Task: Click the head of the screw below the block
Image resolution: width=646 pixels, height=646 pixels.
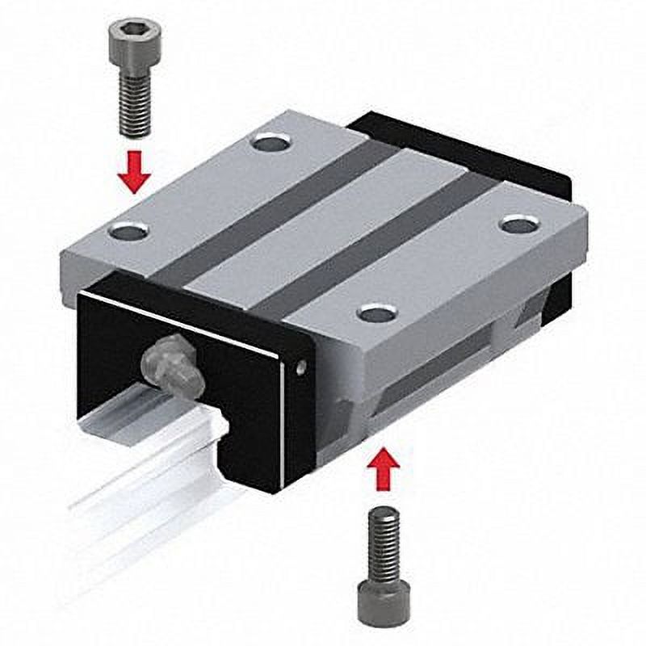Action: tap(384, 598)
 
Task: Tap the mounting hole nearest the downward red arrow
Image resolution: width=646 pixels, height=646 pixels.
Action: tap(128, 233)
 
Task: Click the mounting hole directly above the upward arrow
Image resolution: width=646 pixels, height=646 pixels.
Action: tap(376, 313)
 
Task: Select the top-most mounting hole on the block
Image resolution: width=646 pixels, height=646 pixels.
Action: tap(269, 145)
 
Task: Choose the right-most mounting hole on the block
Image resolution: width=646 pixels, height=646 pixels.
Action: tap(518, 224)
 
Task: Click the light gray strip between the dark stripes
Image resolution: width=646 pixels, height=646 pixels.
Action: tap(323, 226)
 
